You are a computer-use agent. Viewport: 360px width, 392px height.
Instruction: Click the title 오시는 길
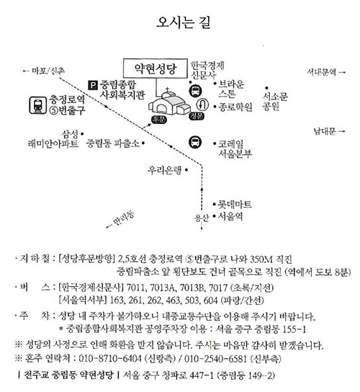click(x=184, y=22)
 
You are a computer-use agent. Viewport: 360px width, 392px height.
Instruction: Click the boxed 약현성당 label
click(x=155, y=68)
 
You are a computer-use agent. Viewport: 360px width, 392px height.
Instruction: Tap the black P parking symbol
click(x=93, y=86)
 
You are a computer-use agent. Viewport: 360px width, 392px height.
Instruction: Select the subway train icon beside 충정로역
click(x=38, y=105)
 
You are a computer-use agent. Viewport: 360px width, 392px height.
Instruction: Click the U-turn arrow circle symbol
click(x=202, y=104)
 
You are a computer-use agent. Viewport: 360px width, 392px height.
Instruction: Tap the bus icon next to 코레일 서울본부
click(x=195, y=142)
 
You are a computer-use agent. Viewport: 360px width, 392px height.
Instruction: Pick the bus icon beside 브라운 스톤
click(x=195, y=91)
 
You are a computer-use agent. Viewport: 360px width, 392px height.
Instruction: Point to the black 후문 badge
click(x=159, y=120)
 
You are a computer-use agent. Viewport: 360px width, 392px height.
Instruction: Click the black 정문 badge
click(x=197, y=116)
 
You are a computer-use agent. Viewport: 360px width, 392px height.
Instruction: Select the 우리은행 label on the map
click(x=164, y=171)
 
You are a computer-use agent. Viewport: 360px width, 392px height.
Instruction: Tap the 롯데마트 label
click(x=235, y=205)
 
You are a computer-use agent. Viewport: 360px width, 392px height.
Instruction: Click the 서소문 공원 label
click(x=275, y=102)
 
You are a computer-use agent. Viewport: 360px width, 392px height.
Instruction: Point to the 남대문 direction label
click(x=325, y=131)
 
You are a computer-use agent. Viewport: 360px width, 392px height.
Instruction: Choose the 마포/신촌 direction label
click(x=48, y=71)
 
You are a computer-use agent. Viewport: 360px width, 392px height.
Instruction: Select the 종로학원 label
click(x=235, y=107)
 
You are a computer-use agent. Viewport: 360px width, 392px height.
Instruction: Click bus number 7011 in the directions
click(x=136, y=288)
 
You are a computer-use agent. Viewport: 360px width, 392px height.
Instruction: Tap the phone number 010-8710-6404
click(x=110, y=359)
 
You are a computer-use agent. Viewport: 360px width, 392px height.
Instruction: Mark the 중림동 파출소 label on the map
click(x=112, y=143)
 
